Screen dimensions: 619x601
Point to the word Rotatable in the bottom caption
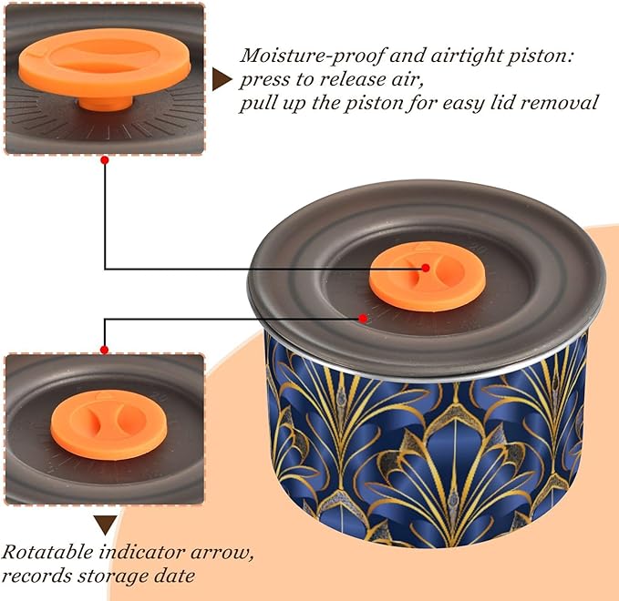tap(47, 552)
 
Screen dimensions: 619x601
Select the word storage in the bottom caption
tap(114, 577)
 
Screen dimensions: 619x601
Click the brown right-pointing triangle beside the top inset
tap(222, 79)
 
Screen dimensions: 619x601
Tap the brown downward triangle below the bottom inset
tap(106, 525)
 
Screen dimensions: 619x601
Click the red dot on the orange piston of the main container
tap(426, 268)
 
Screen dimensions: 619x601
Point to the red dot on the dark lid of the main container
tap(363, 318)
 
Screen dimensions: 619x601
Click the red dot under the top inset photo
tap(105, 160)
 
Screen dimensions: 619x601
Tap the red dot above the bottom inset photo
tap(105, 350)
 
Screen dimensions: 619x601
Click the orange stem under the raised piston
tap(106, 103)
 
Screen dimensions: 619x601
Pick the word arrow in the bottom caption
tap(222, 554)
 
